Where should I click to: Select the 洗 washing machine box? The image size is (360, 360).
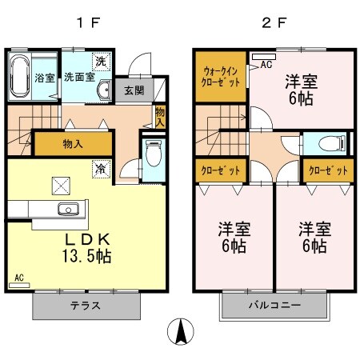coord(101,62)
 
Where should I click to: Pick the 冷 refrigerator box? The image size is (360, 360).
coord(101,169)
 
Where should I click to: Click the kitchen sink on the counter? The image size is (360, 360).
coord(67,210)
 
